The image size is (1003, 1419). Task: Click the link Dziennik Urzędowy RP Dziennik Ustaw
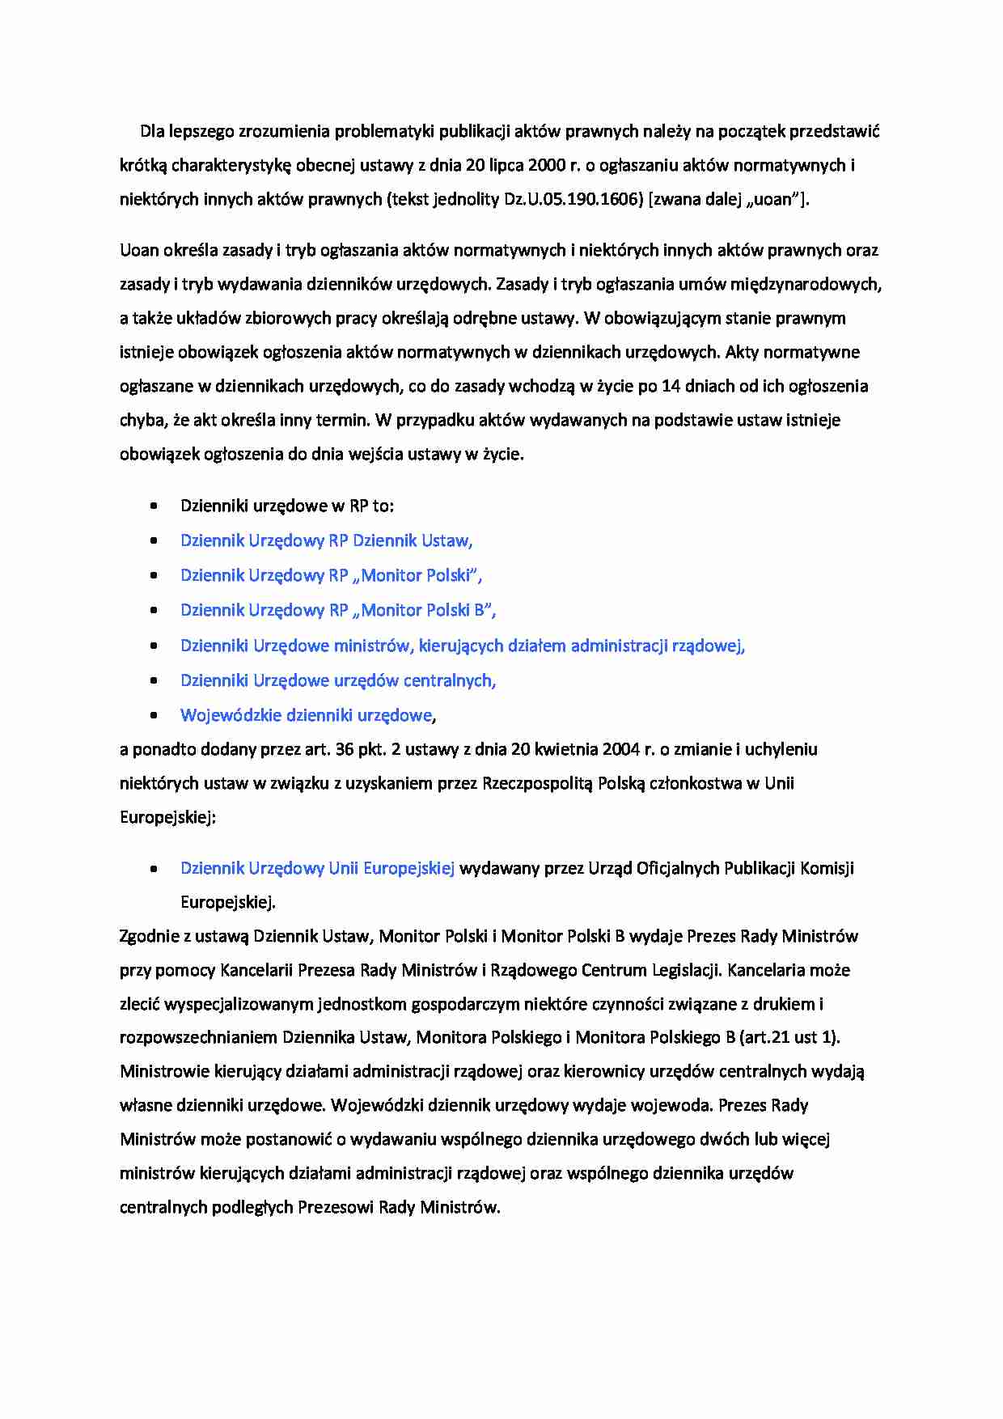tap(326, 540)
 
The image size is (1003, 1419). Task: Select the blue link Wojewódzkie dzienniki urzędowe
tap(307, 715)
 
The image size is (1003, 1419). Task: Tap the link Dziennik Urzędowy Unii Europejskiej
tap(317, 868)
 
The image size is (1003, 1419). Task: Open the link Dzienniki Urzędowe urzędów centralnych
tap(337, 680)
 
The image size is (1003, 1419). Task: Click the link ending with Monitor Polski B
tap(337, 610)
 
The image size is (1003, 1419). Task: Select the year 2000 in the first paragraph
tap(547, 165)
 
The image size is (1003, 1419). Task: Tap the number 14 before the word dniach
tap(671, 386)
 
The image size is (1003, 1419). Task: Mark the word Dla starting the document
tap(152, 131)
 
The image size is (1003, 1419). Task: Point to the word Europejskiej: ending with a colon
tap(167, 817)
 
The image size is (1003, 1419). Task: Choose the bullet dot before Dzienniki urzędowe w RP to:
tap(154, 506)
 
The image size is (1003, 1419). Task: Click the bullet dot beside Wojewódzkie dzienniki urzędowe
tap(154, 716)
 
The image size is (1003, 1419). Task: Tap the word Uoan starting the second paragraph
tap(139, 250)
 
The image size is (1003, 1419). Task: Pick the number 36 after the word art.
tap(345, 749)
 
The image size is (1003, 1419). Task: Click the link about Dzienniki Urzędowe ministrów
tap(462, 646)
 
